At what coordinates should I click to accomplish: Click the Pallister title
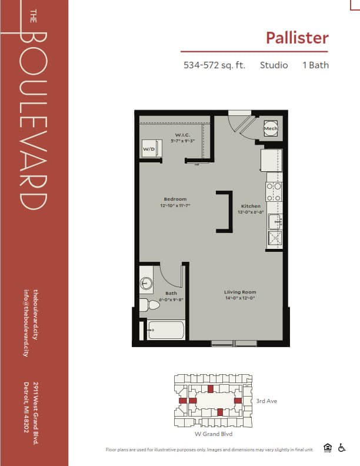296,38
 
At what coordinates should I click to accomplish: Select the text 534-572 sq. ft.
214,65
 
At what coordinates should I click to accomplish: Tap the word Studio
274,65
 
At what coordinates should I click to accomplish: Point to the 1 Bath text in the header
316,65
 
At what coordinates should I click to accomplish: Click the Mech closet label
270,128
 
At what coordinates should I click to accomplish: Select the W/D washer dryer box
149,149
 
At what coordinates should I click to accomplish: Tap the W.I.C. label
181,135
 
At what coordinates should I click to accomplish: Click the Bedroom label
175,199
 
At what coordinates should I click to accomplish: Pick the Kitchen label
251,206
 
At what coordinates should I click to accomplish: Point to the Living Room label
240,292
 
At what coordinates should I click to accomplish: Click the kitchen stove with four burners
274,190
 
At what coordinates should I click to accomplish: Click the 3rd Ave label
266,401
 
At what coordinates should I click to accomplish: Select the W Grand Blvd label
213,434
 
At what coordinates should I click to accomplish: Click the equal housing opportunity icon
328,448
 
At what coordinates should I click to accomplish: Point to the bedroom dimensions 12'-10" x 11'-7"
175,206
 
